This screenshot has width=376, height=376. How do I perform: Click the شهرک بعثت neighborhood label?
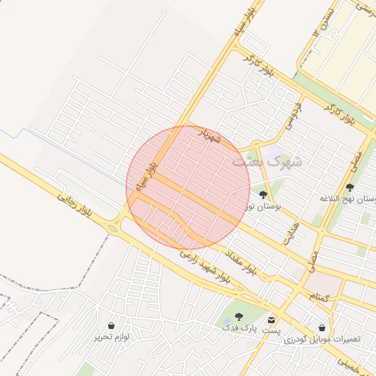click(267, 161)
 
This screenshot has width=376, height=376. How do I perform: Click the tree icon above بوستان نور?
click(263, 195)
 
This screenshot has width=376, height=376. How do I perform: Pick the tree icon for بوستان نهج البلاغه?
click(349, 187)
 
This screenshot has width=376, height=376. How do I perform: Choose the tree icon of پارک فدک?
click(239, 317)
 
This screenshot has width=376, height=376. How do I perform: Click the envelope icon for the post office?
click(272, 320)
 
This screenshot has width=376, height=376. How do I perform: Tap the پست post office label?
click(273, 332)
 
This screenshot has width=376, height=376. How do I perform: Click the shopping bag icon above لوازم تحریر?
click(111, 325)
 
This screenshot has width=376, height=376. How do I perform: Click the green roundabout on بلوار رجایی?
click(112, 228)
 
